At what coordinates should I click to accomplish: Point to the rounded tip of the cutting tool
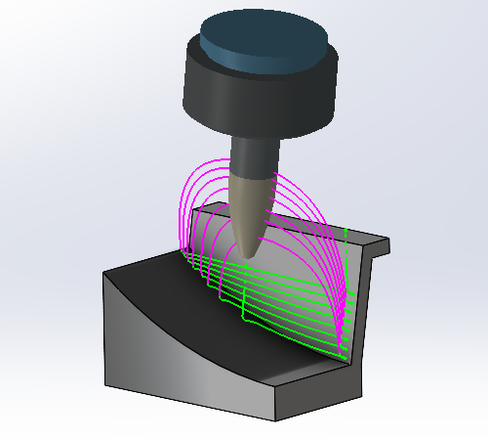pyautogui.click(x=251, y=255)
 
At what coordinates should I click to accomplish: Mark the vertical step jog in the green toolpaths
pyautogui.click(x=242, y=311)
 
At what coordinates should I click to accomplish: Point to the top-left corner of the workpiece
pyautogui.click(x=104, y=272)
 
